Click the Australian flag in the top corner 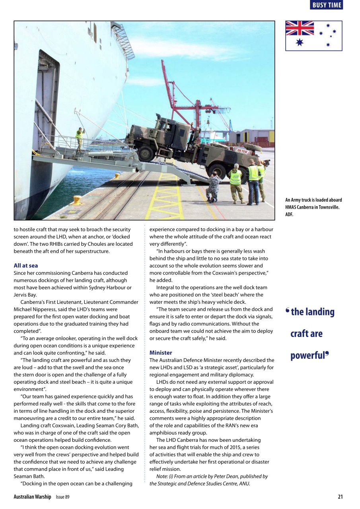pos(313,36)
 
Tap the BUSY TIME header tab pos(326,5)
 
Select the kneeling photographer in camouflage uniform pos(214,186)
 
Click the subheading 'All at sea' pos(25,265)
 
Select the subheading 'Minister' pos(161,353)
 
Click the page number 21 pos(340,497)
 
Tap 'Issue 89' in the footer pos(62,497)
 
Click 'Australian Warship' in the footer pos(32,497)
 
